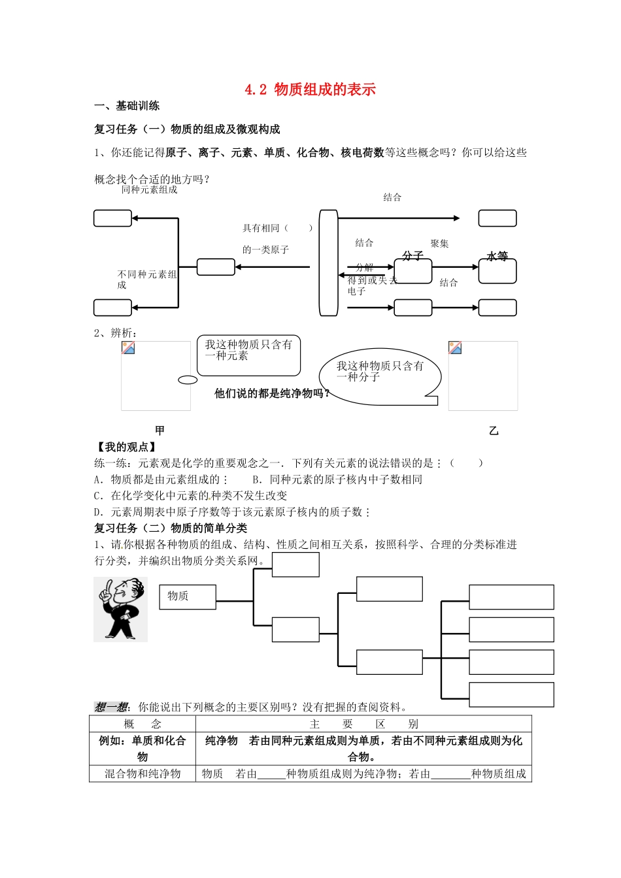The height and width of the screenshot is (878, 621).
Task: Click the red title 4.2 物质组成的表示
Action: [x=310, y=89]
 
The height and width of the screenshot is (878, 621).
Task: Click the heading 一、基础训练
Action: [x=127, y=106]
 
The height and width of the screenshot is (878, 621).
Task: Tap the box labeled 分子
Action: [x=412, y=270]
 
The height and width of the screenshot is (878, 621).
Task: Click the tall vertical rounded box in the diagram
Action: [x=328, y=263]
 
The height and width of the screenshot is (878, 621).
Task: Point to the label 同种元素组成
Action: [x=149, y=190]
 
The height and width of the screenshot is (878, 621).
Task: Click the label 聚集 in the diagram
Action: [x=439, y=244]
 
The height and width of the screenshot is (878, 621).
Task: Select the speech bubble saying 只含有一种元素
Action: [x=248, y=356]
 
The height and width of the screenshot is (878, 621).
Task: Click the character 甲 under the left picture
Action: [x=159, y=430]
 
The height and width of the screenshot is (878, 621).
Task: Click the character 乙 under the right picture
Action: [x=494, y=431]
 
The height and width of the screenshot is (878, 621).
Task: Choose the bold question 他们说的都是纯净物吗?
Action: [x=272, y=393]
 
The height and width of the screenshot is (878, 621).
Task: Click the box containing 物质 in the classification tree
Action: [x=188, y=596]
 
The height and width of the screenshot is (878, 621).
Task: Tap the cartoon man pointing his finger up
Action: [x=120, y=609]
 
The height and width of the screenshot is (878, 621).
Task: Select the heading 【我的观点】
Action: [x=126, y=447]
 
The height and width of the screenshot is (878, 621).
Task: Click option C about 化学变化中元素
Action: [x=191, y=496]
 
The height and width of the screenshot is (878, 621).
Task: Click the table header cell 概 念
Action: [x=143, y=724]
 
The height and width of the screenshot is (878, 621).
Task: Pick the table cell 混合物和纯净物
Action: [x=143, y=774]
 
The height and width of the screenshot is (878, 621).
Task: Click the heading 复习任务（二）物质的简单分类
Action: [x=171, y=528]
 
